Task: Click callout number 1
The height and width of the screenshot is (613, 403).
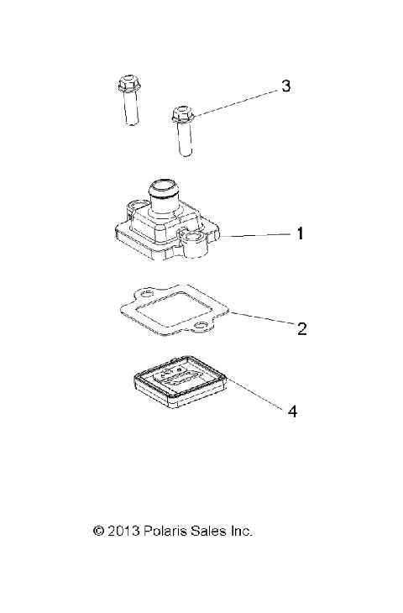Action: click(299, 236)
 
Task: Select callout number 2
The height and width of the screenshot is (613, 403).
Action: click(301, 327)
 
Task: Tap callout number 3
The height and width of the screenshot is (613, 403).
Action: click(285, 86)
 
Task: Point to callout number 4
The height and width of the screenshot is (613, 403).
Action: click(291, 411)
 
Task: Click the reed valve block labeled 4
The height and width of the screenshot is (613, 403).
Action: click(180, 381)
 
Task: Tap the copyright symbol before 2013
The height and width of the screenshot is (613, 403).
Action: click(98, 531)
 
